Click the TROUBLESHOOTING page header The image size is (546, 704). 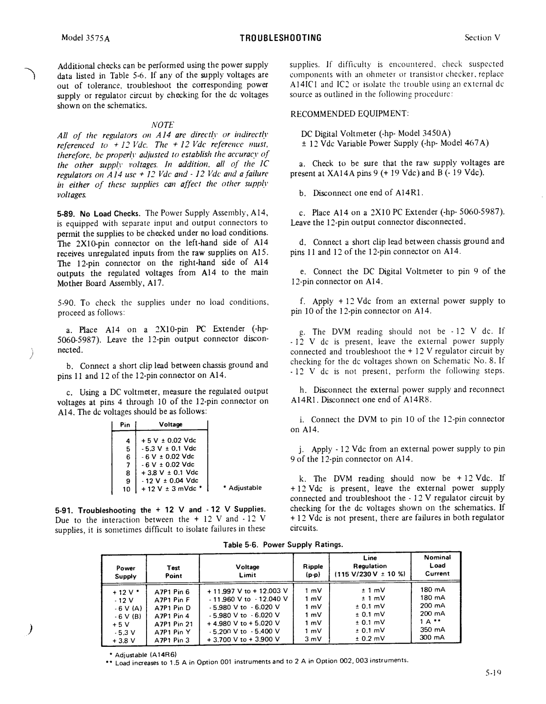[281, 38]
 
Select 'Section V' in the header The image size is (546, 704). [483, 38]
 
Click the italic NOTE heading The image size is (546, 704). [162, 125]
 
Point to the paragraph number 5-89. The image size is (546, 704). [66, 214]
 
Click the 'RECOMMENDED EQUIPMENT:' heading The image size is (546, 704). [350, 114]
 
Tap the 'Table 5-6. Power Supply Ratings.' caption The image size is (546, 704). [283, 544]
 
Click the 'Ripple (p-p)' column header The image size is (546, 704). [313, 570]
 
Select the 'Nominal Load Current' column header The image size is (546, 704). [437, 565]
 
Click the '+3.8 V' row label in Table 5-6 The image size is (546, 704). [124, 641]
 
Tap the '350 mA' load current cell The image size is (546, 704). [432, 630]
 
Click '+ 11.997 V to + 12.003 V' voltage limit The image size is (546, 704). [247, 591]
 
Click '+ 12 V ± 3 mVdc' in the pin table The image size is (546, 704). [171, 488]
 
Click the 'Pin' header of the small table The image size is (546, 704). [125, 425]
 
